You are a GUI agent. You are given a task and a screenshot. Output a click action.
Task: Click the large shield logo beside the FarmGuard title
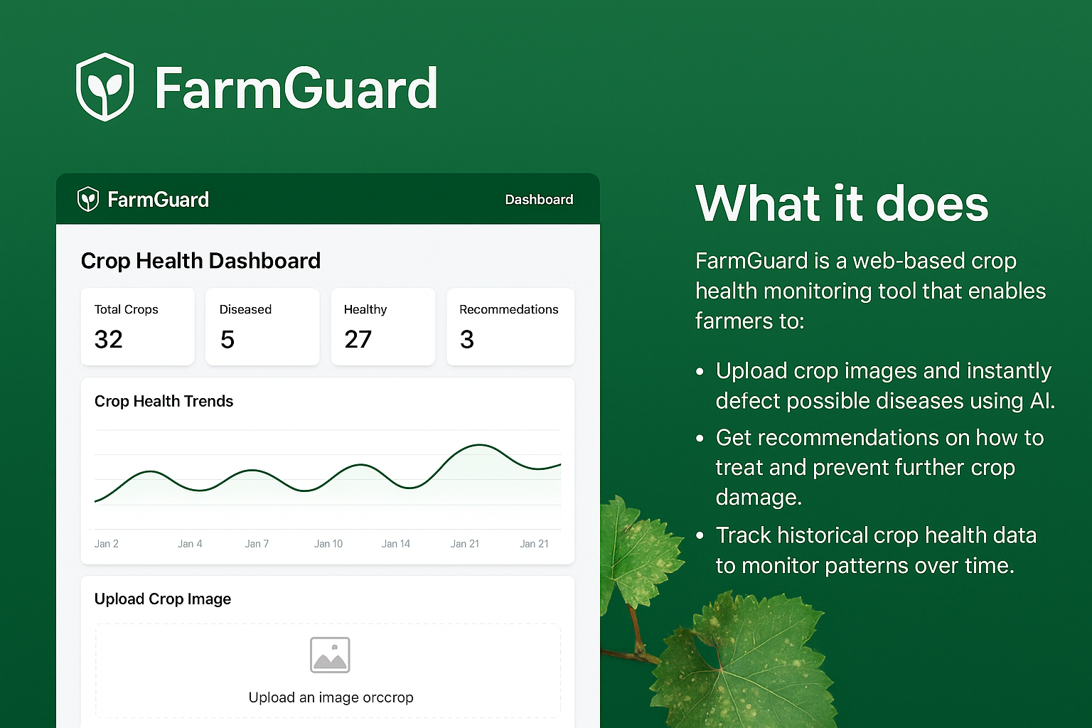tap(105, 87)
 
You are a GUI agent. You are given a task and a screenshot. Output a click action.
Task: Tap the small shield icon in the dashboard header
tap(87, 199)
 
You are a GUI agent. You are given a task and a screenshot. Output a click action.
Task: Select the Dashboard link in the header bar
tap(539, 200)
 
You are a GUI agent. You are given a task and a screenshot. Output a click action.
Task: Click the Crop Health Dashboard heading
tap(200, 261)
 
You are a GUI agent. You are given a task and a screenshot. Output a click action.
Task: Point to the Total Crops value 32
tap(109, 340)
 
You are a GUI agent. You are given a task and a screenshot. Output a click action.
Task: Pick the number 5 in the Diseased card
tap(227, 340)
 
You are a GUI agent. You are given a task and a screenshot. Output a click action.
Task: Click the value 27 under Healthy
tap(358, 340)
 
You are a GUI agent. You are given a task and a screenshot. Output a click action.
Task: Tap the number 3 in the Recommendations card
tap(467, 340)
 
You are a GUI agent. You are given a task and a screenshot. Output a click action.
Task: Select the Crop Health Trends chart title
tap(164, 401)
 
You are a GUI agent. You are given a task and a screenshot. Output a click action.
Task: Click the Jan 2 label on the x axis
tap(107, 544)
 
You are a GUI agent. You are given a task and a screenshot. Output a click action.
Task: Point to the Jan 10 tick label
tap(328, 544)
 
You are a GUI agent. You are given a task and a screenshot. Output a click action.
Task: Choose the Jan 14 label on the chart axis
tap(396, 544)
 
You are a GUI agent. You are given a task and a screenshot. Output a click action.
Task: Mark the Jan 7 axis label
tap(257, 544)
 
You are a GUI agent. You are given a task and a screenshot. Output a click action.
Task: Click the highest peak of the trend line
tap(481, 446)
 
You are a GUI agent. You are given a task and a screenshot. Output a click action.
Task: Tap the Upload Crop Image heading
tap(163, 599)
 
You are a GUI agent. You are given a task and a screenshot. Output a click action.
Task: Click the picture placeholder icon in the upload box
tap(330, 655)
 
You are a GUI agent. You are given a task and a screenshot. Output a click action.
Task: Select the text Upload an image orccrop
tap(331, 697)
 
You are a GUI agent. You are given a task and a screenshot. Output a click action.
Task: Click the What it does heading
tap(842, 204)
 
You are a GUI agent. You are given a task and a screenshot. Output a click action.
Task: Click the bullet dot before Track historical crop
tap(700, 535)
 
